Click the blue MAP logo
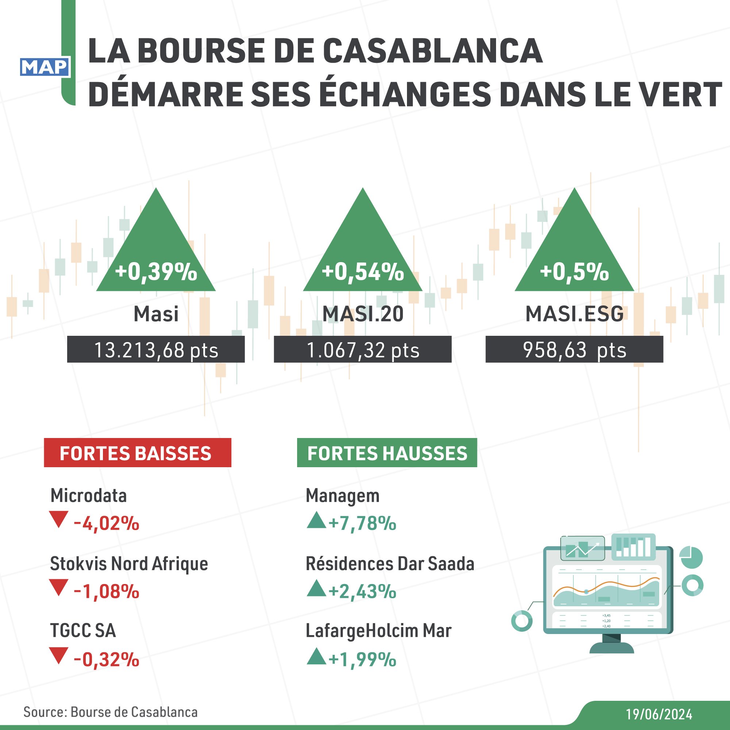(x=45, y=67)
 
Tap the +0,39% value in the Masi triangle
(x=156, y=272)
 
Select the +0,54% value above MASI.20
(x=363, y=272)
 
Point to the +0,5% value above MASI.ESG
(x=574, y=272)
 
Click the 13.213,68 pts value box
(x=156, y=350)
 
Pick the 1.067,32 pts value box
(x=363, y=350)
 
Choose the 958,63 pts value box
(x=574, y=350)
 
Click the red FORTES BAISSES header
(x=138, y=453)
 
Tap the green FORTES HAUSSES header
(x=387, y=453)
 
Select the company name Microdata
(x=88, y=495)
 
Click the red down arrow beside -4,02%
(x=59, y=519)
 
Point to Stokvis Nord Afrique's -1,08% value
(x=107, y=591)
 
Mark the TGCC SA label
(x=83, y=631)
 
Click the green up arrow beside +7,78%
(x=316, y=520)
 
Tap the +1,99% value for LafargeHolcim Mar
(x=362, y=660)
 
